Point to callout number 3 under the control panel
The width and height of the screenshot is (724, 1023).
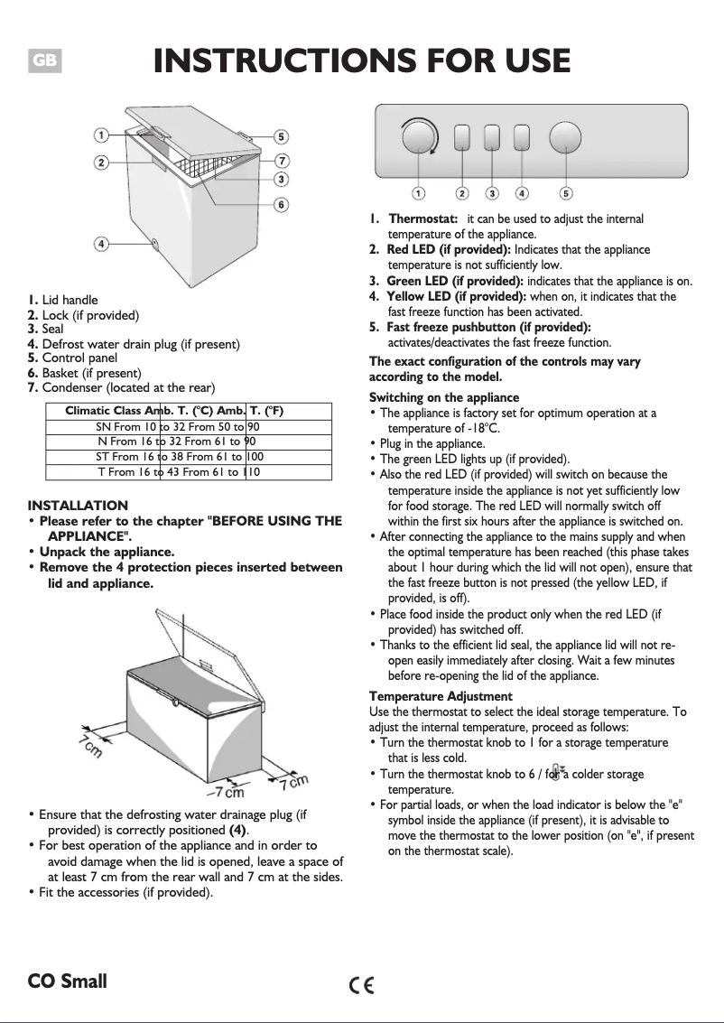tap(492, 192)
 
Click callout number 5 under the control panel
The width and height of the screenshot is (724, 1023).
tap(566, 192)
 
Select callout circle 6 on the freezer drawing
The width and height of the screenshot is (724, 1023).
tap(282, 205)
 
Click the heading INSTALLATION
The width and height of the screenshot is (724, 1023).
tap(78, 506)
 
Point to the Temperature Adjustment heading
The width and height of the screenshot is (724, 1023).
tap(441, 696)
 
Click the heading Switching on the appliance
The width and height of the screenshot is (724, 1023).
tap(444, 397)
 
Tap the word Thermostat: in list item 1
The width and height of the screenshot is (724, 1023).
tap(423, 219)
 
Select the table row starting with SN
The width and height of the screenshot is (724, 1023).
tap(178, 427)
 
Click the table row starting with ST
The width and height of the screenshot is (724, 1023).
tap(179, 457)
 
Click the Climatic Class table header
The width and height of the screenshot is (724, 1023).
tap(175, 412)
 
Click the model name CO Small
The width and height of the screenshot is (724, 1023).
tap(67, 981)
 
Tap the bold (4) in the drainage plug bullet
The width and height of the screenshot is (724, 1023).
tap(238, 830)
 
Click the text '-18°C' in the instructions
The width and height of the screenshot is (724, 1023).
tap(480, 428)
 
